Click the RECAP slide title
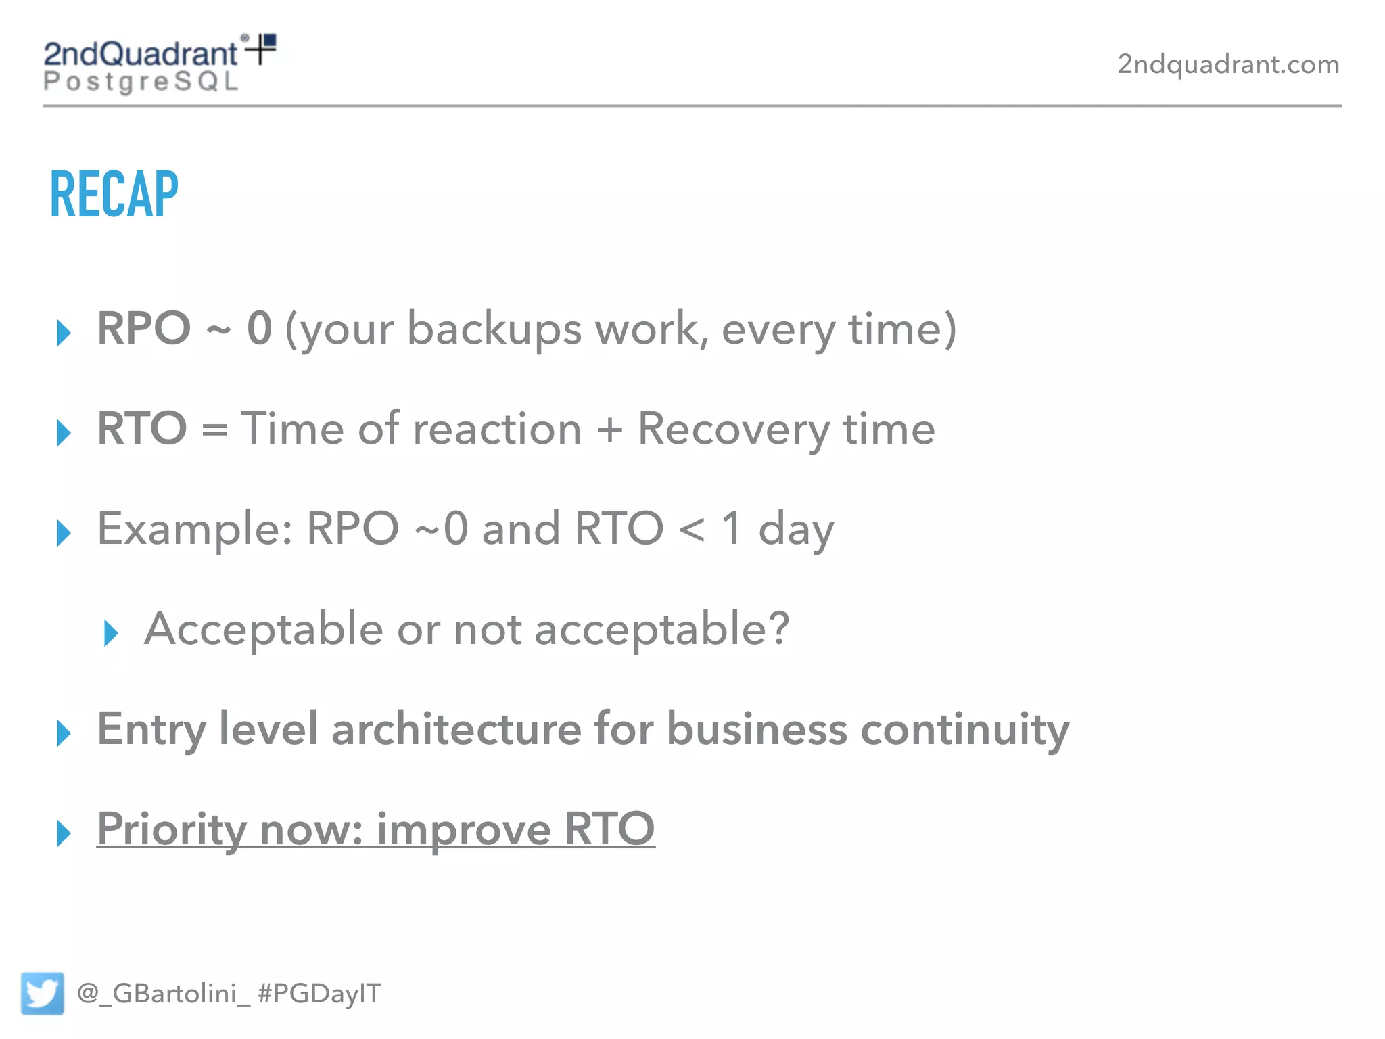[x=114, y=195]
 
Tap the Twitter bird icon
[x=42, y=993]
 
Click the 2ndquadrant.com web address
[x=1227, y=64]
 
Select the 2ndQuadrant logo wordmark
[x=141, y=53]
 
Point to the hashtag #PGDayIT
[x=319, y=993]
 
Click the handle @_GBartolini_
[x=163, y=993]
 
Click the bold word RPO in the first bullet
[x=143, y=328]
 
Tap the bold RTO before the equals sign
[x=142, y=428]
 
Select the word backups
[x=494, y=329]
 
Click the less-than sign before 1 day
[x=692, y=529]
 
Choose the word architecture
[x=456, y=729]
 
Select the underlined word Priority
[x=171, y=829]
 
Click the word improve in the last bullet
[x=463, y=830]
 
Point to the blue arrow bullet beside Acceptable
[x=111, y=633]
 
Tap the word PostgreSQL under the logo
[x=141, y=82]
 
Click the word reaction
[x=497, y=429]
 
